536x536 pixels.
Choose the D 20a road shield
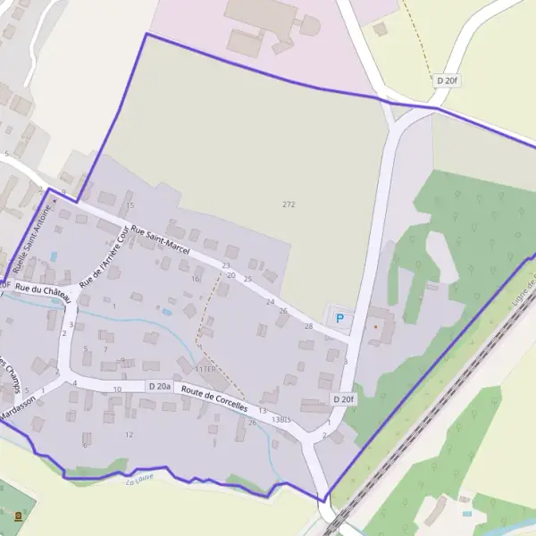point(160,386)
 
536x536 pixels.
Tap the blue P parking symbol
point(339,317)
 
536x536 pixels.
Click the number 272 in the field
point(289,205)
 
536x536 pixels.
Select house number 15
point(130,205)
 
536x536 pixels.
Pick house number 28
point(309,326)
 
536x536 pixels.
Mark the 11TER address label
point(205,369)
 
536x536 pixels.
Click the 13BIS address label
point(281,419)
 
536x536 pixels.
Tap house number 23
point(226,265)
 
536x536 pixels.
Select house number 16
point(196,279)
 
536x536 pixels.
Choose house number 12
point(130,435)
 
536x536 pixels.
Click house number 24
point(270,302)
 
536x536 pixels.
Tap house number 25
point(247,280)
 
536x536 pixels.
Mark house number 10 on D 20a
point(117,389)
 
